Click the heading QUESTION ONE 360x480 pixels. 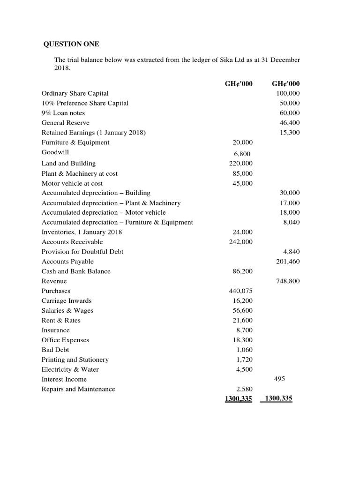coord(71,45)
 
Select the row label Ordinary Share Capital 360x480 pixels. coord(75,93)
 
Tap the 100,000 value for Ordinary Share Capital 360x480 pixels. coord(288,93)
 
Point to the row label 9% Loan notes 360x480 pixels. coord(63,113)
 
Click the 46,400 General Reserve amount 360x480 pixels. coord(290,123)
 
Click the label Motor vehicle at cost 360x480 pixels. coord(72,183)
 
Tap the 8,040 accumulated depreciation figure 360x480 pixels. coord(291,223)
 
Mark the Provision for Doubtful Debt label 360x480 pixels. coord(82,252)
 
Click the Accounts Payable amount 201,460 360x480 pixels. coord(288,262)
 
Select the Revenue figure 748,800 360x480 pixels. coord(288,281)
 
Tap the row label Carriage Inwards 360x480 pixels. coord(67,301)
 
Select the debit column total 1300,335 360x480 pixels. coord(238,399)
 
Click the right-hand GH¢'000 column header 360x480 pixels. coord(285,83)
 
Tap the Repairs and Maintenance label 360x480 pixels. coord(78,389)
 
